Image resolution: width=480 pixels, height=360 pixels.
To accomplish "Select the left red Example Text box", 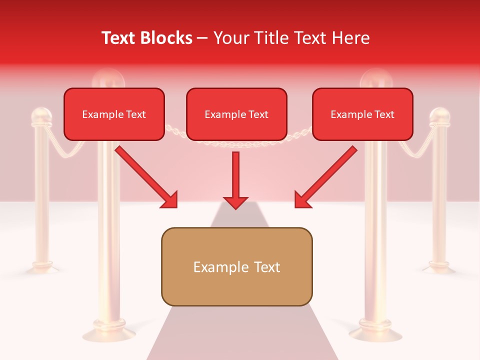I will pyautogui.click(x=114, y=114).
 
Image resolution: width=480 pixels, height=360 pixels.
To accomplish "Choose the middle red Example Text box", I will pyautogui.click(x=236, y=114).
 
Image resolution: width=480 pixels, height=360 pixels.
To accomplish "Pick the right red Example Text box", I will pyautogui.click(x=362, y=114).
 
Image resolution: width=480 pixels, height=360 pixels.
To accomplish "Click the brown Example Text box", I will pyautogui.click(x=236, y=266).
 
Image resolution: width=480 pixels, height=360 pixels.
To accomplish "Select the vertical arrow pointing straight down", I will pyautogui.click(x=235, y=180).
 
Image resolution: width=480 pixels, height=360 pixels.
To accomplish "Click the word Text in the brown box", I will pyautogui.click(x=266, y=267).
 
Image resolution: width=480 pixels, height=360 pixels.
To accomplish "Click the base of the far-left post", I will pyautogui.click(x=42, y=267).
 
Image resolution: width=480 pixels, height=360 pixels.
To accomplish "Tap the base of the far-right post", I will pyautogui.click(x=439, y=267).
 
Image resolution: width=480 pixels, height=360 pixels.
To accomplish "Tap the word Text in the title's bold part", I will pyautogui.click(x=119, y=38).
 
